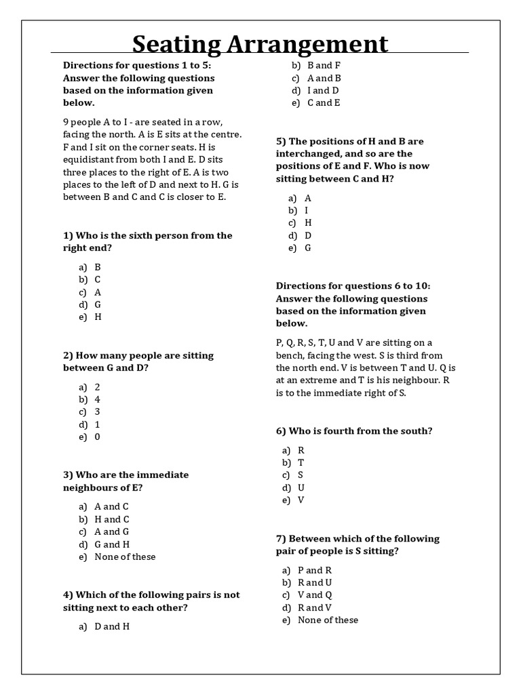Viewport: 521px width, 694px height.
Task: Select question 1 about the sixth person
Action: [x=147, y=241]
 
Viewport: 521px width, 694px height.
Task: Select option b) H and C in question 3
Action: [x=111, y=519]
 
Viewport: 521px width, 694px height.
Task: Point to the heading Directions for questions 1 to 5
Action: [x=138, y=66]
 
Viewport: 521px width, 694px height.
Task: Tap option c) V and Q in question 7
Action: [x=310, y=595]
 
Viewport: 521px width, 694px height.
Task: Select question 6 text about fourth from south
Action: [x=354, y=431]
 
